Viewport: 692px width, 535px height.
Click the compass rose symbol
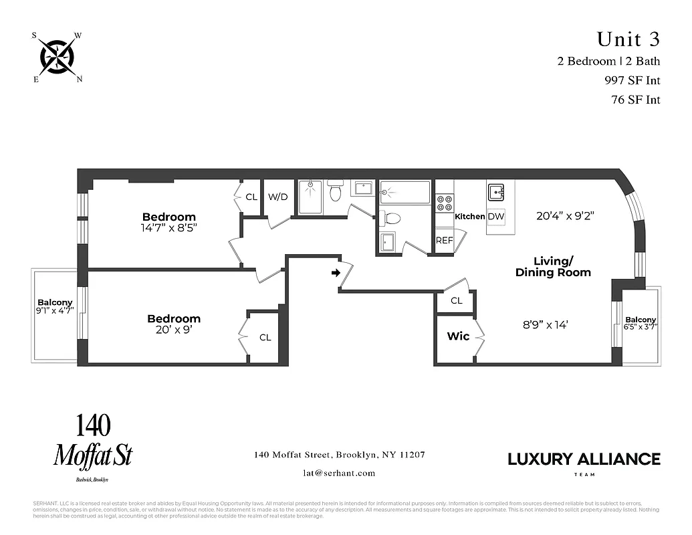click(x=57, y=57)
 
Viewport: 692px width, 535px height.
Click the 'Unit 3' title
click(x=628, y=39)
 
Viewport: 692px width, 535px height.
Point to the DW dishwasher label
click(x=495, y=217)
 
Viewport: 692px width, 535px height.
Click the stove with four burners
click(x=445, y=203)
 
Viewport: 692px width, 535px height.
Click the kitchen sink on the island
click(x=496, y=193)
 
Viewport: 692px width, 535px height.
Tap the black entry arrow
click(x=336, y=273)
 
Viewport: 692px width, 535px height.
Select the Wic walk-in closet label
click(x=458, y=336)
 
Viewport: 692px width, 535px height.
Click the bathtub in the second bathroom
click(x=405, y=193)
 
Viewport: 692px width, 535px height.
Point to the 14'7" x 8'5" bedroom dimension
click(x=169, y=227)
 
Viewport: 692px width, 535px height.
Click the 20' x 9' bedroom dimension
click(x=174, y=330)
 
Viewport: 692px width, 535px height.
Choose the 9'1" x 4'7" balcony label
click(x=55, y=307)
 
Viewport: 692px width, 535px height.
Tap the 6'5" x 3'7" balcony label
click(x=641, y=324)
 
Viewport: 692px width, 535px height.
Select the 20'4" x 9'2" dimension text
click(x=565, y=216)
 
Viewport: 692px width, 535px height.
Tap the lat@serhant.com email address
click(x=339, y=473)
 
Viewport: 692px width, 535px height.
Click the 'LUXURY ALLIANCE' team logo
click(x=584, y=459)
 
